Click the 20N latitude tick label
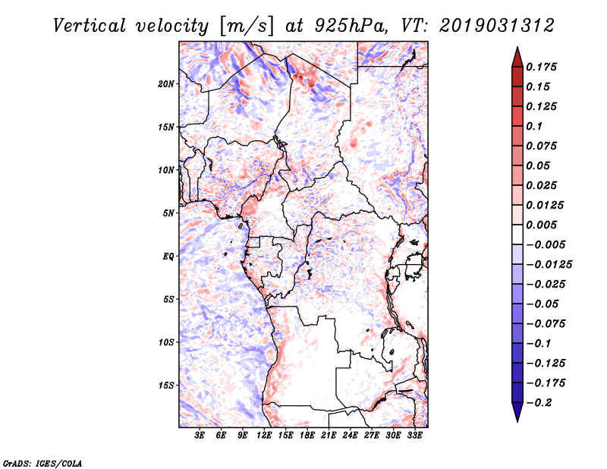coord(166,83)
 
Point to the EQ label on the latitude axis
coord(168,257)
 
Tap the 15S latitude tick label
coord(166,386)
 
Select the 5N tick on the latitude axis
coord(168,213)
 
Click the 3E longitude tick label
coord(200,436)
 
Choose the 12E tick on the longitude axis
coord(265,436)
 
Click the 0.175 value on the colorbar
coord(543,67)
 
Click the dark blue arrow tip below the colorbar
coord(516,416)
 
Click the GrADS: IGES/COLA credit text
coord(33,462)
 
